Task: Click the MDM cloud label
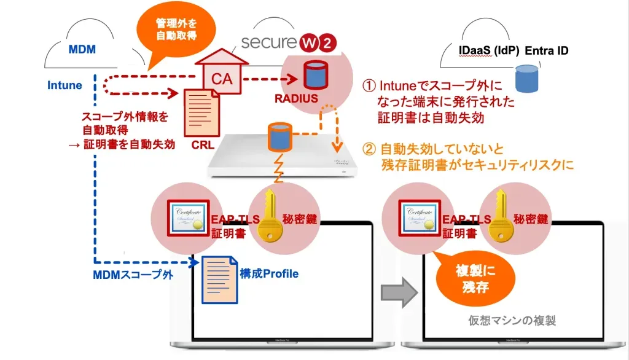click(x=82, y=49)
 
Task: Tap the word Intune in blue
click(x=64, y=85)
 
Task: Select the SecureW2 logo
click(x=289, y=43)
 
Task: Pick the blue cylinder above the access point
click(x=278, y=136)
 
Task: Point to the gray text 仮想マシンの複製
click(x=512, y=321)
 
